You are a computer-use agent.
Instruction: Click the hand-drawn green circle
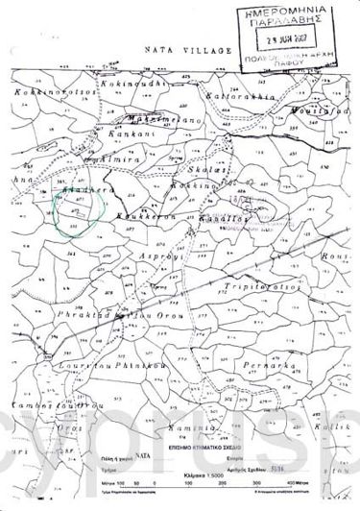(x=73, y=208)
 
